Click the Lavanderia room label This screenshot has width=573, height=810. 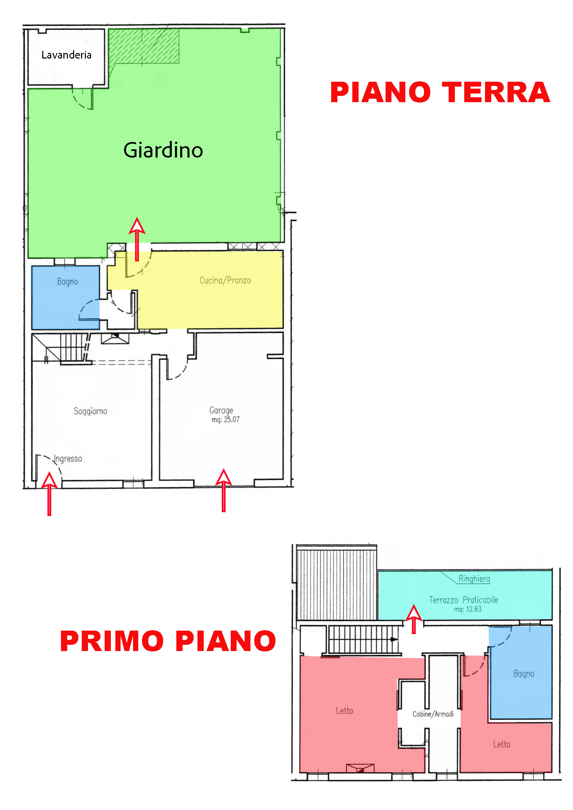point(66,55)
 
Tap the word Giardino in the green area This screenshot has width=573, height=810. point(163,150)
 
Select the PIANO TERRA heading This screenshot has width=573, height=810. point(440,92)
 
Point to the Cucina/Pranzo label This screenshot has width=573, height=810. point(225,281)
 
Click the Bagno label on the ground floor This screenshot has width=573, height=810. point(68,282)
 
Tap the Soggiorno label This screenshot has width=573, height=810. point(90,411)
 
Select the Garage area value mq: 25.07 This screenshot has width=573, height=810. point(226,419)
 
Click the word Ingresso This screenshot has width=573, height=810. point(68,459)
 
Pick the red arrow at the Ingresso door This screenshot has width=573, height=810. point(50,494)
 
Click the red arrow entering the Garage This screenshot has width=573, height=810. point(224,490)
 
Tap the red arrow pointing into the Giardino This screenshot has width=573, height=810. point(137,239)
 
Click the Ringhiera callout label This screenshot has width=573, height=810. point(474,579)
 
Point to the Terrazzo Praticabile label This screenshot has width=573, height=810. point(464,600)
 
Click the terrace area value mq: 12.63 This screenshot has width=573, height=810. point(467,609)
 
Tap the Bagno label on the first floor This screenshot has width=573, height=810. point(523,674)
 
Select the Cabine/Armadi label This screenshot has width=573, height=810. point(433,714)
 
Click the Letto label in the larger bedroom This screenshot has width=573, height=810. point(344,711)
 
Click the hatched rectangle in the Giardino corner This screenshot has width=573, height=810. point(144,46)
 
